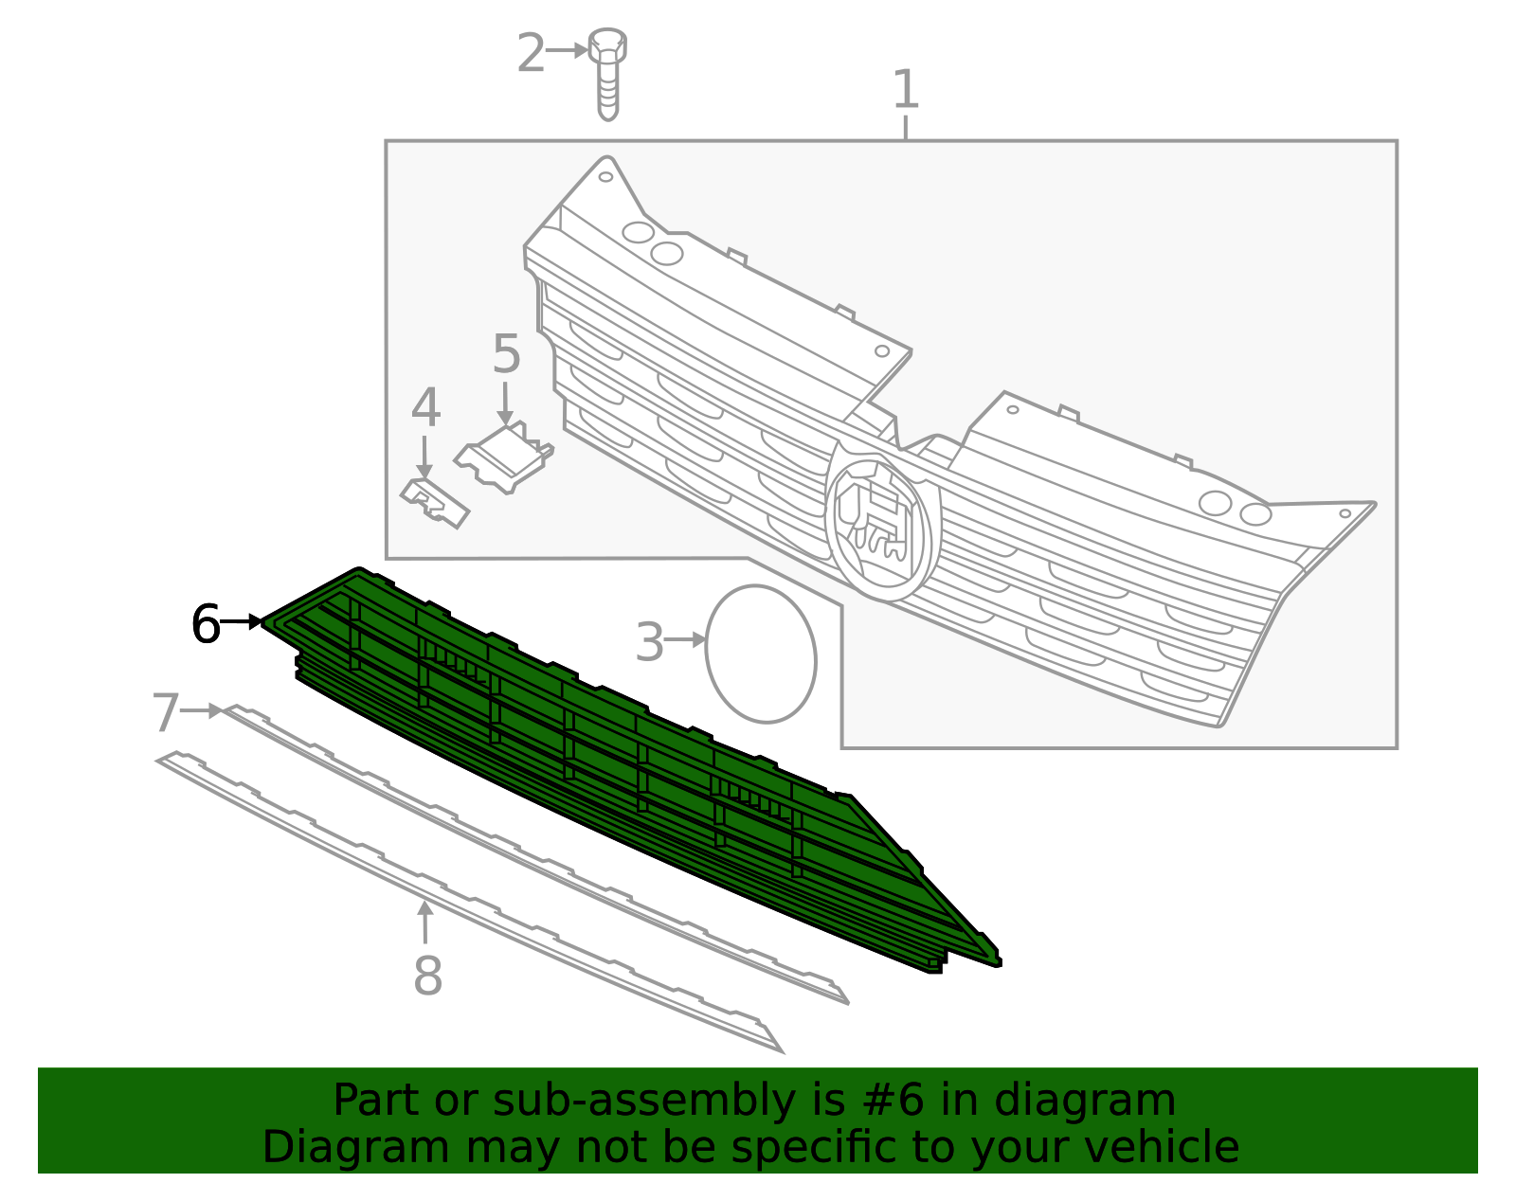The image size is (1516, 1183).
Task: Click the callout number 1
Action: coord(906,91)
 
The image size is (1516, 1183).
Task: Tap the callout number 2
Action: coord(531,54)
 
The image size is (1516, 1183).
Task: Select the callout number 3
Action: coord(649,643)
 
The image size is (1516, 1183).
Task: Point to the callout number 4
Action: coord(425,409)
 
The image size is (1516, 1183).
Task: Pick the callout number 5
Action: coord(506,355)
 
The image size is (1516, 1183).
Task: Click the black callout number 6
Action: coord(206,625)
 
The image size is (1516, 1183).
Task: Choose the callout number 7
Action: coord(165,713)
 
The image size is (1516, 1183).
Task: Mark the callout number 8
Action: coord(427,977)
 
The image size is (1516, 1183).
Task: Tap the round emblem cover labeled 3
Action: coord(761,654)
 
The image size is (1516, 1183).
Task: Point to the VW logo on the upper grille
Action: coord(881,524)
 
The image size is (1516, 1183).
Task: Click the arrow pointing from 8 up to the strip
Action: coord(425,923)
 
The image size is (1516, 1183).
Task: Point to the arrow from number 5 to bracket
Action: coord(505,403)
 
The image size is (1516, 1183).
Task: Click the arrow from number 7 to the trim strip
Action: coord(202,710)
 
